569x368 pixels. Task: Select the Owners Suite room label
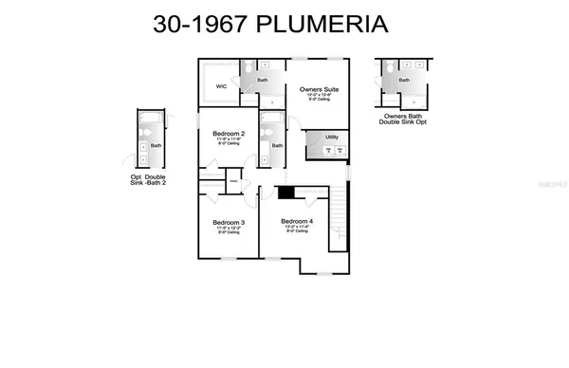[319, 89]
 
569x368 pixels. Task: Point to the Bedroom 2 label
[229, 134]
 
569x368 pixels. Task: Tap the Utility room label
[332, 138]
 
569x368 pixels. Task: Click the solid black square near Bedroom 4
[284, 193]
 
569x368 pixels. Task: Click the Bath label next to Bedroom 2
[277, 145]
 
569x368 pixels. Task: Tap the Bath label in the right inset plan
[404, 81]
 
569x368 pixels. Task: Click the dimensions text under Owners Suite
[319, 97]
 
